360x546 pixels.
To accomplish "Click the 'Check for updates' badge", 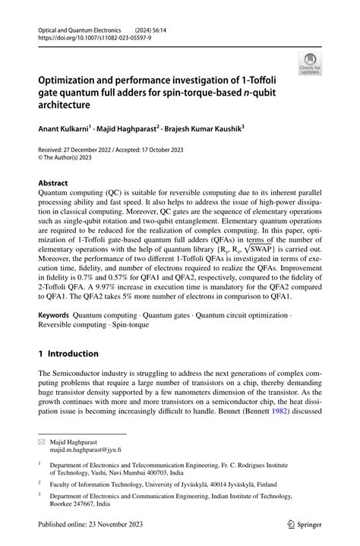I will (310, 64).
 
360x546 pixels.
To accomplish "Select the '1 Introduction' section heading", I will (68, 353).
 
